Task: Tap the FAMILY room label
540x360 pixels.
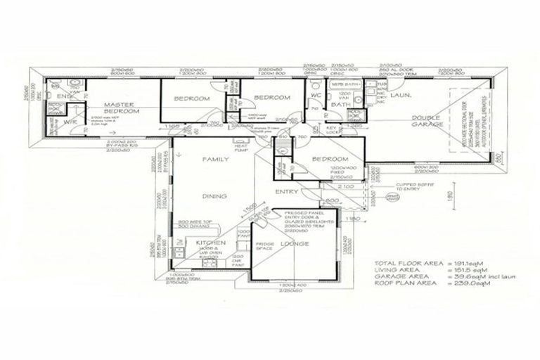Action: pyautogui.click(x=216, y=160)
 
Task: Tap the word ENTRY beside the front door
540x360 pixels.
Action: pyautogui.click(x=287, y=191)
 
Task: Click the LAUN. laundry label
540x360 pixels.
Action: pyautogui.click(x=401, y=94)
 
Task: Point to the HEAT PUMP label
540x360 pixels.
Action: pyautogui.click(x=241, y=148)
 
